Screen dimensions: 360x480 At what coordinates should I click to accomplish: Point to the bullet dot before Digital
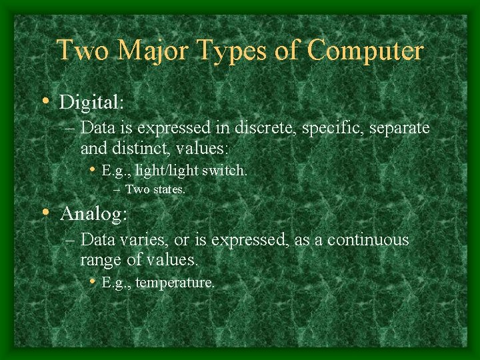tap(45, 101)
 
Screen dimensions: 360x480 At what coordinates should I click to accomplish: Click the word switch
tap(225, 171)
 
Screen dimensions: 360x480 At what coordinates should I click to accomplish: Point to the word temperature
tap(175, 283)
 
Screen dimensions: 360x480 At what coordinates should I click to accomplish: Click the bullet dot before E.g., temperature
tap(93, 281)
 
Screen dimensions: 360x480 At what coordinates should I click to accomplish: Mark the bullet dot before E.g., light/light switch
tap(93, 169)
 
